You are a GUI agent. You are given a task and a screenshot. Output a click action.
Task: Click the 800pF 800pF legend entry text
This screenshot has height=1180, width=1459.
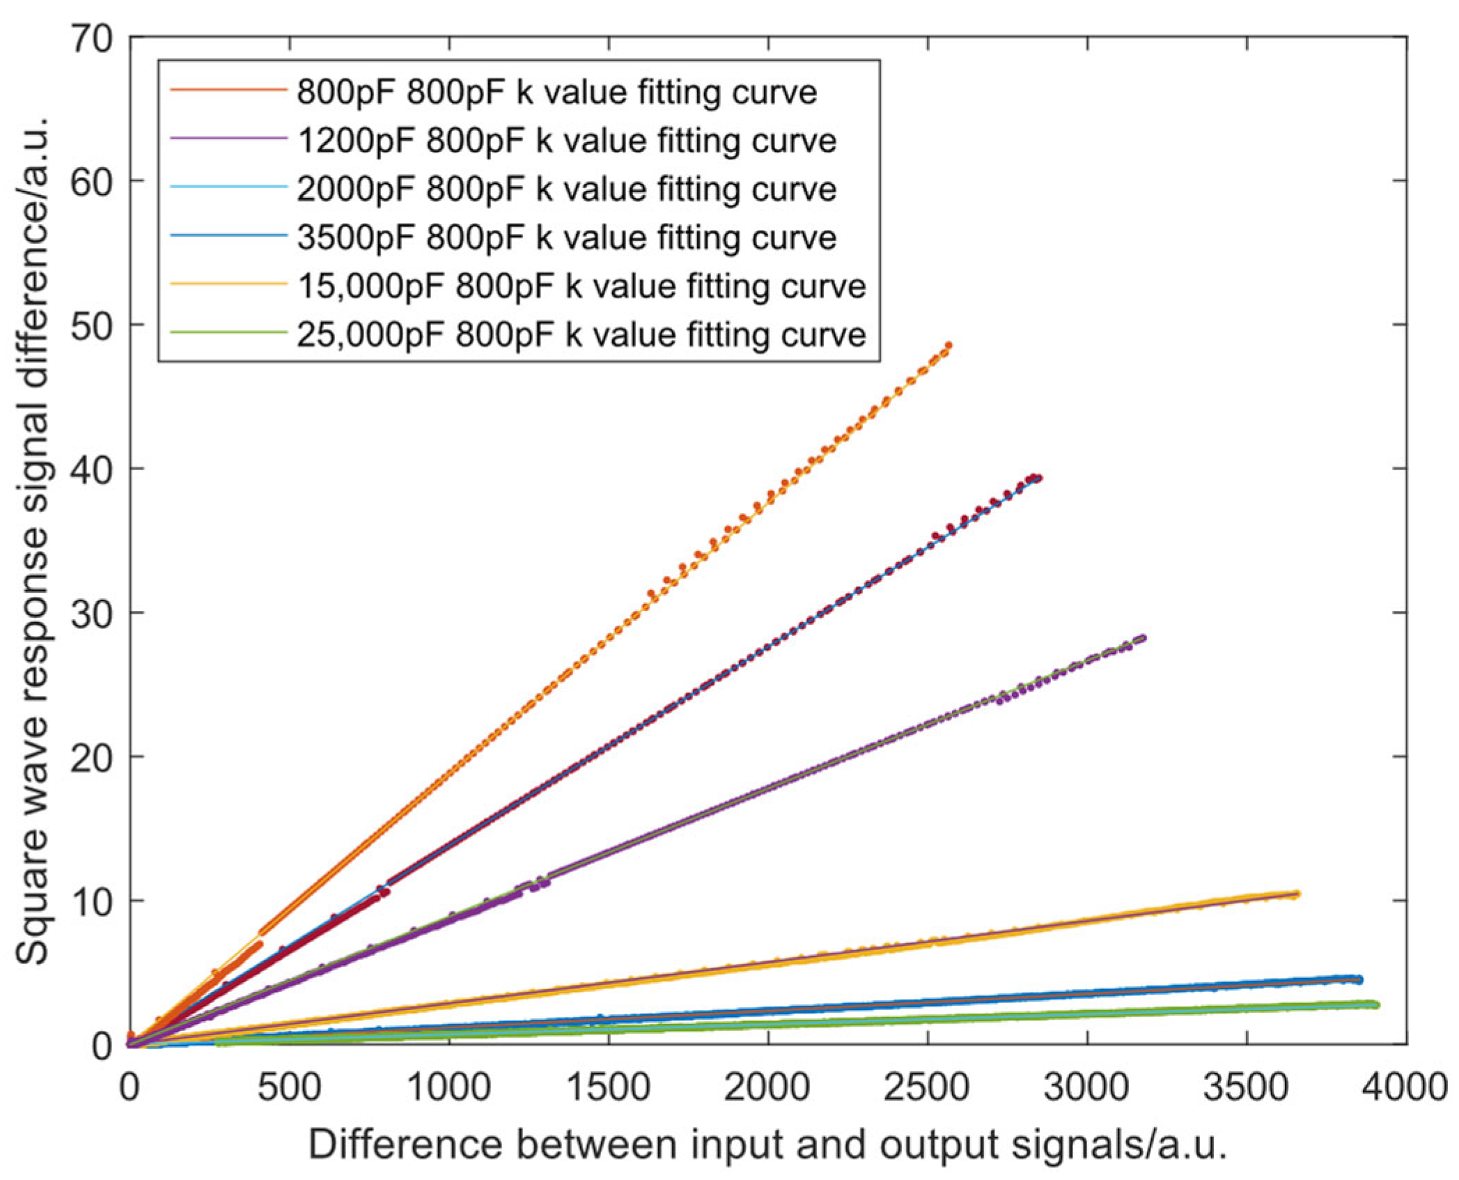coord(556,92)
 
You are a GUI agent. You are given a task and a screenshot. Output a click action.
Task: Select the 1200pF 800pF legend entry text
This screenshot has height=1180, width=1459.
coord(566,141)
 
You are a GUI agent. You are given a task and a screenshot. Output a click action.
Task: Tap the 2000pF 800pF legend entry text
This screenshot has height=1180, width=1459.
coord(566,189)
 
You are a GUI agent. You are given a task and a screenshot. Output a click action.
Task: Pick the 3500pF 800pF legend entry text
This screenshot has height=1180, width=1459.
coord(566,238)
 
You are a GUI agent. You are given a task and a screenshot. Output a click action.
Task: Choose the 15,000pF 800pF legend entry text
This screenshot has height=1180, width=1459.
coord(581,286)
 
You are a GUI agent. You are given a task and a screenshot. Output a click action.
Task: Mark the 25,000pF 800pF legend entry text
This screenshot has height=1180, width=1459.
coord(581,335)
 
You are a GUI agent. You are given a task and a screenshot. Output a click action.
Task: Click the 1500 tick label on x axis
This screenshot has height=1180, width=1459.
coord(608,1087)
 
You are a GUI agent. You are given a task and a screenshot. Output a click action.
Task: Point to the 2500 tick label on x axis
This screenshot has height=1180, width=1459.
coord(927,1087)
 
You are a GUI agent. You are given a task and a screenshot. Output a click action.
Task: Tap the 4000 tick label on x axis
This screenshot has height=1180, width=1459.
coord(1405,1087)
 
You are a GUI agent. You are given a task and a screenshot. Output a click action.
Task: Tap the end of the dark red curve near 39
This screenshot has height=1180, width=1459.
coord(1038,478)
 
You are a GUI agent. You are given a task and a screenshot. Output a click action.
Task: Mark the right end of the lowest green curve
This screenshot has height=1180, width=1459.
coord(1375,1004)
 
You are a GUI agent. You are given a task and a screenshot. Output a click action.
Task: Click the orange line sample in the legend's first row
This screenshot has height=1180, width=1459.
coord(228,91)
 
